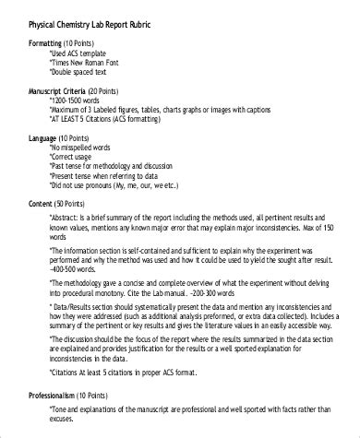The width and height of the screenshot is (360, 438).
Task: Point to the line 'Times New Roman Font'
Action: (x=89, y=63)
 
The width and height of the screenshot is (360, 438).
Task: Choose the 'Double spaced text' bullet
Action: (x=85, y=73)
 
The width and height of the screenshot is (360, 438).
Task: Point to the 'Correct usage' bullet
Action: (x=78, y=158)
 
